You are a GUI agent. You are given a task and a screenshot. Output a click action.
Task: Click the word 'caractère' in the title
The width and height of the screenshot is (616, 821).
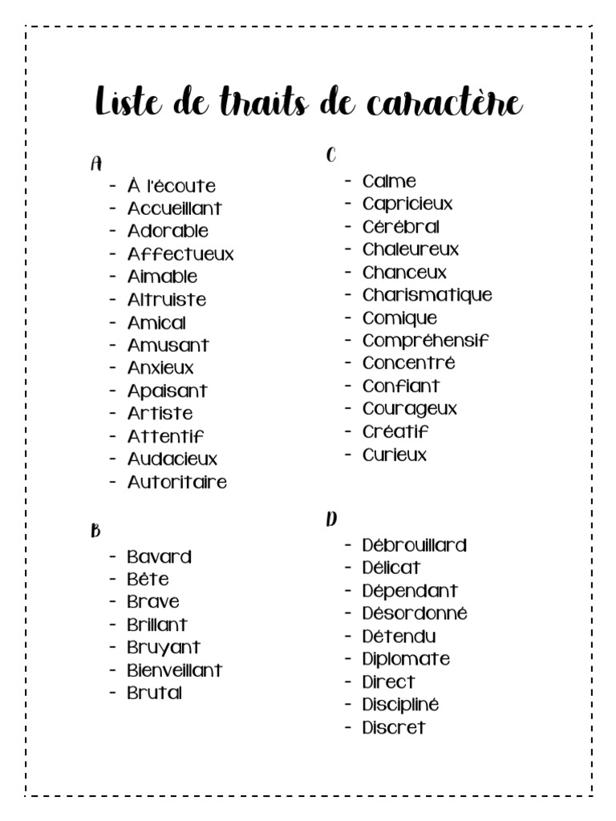[444, 104]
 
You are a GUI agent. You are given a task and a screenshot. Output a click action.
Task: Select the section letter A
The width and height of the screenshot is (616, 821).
[96, 164]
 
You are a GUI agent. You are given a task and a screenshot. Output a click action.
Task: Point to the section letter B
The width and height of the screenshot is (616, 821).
[95, 531]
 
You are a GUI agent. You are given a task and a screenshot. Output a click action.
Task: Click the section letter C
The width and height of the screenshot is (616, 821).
[330, 156]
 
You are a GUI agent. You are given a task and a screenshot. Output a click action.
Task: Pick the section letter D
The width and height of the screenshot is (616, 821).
[330, 520]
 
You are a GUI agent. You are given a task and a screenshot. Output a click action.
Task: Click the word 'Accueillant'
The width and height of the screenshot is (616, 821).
[174, 208]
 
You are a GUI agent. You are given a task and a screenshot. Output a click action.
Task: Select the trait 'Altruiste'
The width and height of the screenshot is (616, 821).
[166, 300]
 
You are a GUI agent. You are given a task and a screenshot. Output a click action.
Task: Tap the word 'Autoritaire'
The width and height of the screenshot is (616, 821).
[176, 483]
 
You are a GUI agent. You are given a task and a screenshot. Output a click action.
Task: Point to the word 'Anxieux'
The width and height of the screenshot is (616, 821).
[160, 368]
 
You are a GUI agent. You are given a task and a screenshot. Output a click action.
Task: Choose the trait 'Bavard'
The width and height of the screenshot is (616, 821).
[159, 556]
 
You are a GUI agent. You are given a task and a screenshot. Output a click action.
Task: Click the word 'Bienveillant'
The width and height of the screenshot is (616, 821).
[174, 670]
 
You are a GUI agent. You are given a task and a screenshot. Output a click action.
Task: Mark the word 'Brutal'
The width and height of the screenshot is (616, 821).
[154, 693]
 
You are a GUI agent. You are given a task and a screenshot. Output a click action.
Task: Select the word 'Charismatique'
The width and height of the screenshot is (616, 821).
[427, 295]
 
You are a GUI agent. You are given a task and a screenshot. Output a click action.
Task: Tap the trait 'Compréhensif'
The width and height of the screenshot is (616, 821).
[425, 341]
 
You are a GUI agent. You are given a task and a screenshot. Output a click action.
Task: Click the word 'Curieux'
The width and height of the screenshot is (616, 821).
[395, 455]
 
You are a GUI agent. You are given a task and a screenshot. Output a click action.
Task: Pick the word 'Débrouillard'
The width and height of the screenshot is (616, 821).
[414, 545]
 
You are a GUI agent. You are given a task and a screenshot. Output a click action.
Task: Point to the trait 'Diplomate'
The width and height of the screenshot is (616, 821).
[406, 659]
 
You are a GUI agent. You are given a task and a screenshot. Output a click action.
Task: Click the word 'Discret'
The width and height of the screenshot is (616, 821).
[393, 728]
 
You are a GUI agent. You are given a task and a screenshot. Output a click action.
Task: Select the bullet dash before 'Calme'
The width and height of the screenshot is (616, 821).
[349, 180]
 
